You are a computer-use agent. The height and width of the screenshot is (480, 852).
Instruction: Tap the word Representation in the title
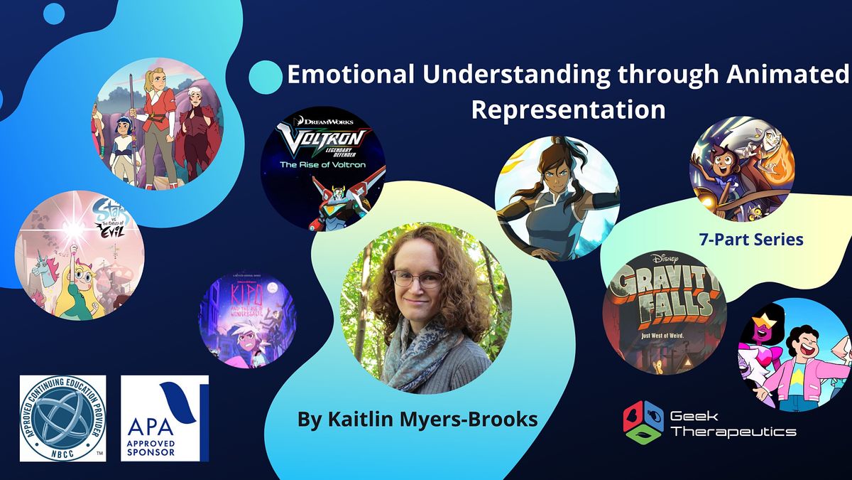coord(568,110)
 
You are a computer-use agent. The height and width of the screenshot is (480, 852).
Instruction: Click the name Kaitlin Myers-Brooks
coord(417,420)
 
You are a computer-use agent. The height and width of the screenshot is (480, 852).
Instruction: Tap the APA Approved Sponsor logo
coord(165,418)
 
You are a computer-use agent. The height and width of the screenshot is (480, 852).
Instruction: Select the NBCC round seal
coord(62,418)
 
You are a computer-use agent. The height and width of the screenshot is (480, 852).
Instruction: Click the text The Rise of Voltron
coord(324,164)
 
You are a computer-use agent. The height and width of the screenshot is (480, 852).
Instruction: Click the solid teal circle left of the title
coord(266,77)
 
